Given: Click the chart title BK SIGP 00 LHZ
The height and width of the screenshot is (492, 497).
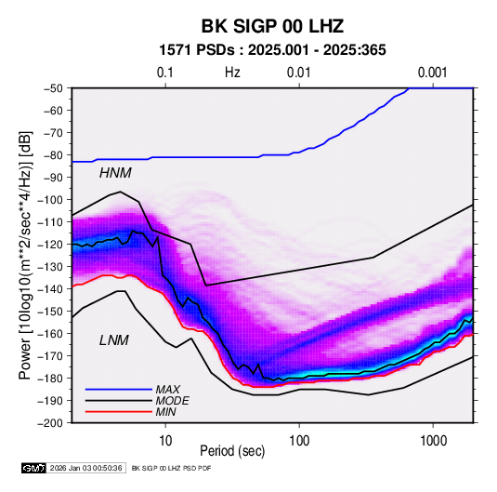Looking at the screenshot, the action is click(272, 26).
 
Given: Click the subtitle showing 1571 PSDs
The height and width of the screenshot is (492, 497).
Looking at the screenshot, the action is click(272, 50).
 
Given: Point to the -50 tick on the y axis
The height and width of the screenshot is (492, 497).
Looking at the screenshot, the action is click(54, 88).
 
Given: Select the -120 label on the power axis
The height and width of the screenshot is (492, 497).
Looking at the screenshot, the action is click(52, 245).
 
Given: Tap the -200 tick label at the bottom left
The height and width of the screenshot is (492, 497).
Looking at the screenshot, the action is click(52, 423).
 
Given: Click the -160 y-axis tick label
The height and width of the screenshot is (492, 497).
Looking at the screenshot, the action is click(52, 334).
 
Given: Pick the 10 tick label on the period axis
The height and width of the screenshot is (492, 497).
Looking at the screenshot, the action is click(165, 441).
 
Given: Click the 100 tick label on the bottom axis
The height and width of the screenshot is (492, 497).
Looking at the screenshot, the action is click(299, 441).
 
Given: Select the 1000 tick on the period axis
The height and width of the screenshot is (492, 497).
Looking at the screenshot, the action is click(433, 441).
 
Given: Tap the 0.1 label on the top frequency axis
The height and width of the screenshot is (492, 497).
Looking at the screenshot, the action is click(165, 73).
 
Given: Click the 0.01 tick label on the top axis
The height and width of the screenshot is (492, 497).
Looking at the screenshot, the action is click(298, 73).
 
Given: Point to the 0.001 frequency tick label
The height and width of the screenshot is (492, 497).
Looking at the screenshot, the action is click(432, 73).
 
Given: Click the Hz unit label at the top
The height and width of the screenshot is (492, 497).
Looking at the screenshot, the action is click(232, 73).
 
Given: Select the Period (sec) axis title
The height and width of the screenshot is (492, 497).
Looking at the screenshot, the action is click(232, 451).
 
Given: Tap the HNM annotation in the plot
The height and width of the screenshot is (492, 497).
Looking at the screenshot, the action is click(115, 173).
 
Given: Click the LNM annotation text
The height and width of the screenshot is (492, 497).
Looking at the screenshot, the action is click(114, 340).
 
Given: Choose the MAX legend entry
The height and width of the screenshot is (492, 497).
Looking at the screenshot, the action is click(168, 390).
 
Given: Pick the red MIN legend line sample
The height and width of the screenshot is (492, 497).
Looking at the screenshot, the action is click(119, 412).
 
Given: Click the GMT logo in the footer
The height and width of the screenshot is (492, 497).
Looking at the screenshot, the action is click(33, 468).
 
